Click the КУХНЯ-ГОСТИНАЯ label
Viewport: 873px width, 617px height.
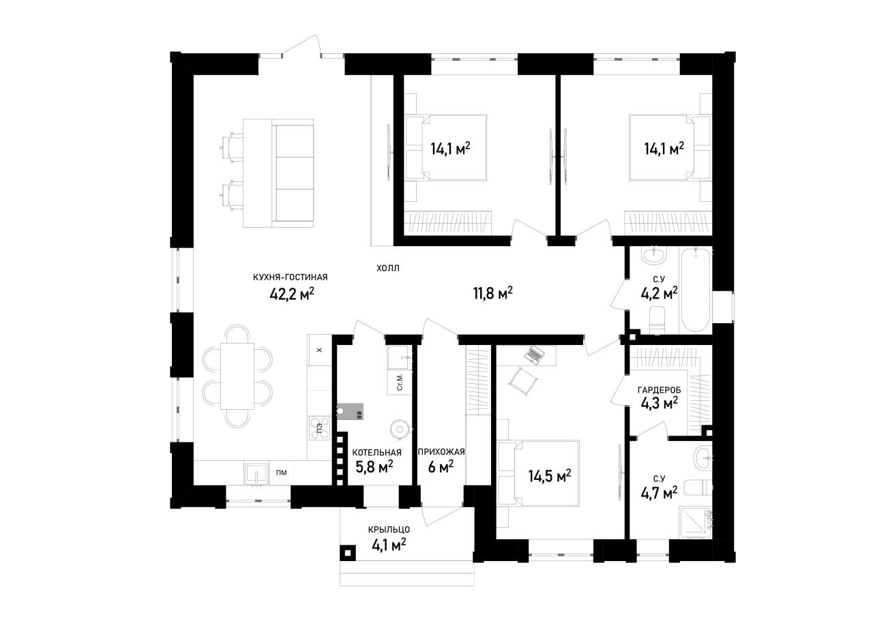(291, 277)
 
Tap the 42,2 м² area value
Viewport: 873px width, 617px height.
(292, 294)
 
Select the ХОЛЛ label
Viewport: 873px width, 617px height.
(388, 268)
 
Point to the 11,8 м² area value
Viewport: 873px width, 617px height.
(493, 293)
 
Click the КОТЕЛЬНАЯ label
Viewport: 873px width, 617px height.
(377, 452)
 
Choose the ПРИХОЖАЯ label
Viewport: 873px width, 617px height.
(441, 451)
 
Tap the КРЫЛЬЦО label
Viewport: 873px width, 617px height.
(389, 529)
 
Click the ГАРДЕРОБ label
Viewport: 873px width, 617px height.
(660, 389)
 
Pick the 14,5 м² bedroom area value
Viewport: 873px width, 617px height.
(550, 475)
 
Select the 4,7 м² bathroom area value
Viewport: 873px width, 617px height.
(659, 493)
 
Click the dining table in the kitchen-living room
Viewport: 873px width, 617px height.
(237, 376)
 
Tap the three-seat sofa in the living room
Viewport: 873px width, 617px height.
(293, 173)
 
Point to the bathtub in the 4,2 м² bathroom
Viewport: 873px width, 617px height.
(695, 290)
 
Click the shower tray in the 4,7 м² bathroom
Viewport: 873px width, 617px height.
(695, 522)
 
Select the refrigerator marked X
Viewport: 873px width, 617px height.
(319, 350)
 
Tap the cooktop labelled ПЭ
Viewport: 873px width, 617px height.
(319, 428)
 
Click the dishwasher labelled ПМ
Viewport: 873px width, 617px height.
(282, 473)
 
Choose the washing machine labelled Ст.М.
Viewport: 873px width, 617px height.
(400, 382)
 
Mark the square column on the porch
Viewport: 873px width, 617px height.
(348, 552)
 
